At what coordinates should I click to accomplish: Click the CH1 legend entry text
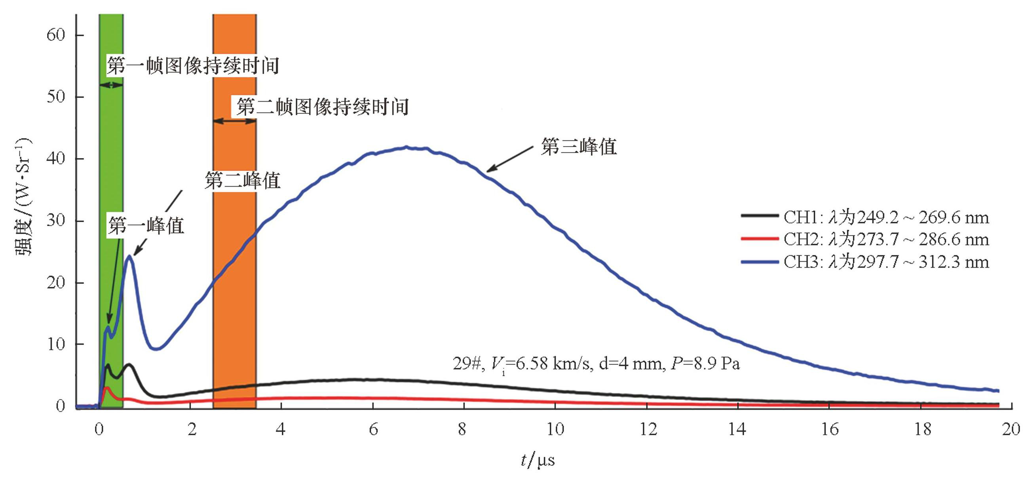886,217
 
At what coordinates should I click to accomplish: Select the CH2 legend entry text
886,240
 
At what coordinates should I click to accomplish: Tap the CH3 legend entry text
886,262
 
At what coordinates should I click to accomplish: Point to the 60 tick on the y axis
56,35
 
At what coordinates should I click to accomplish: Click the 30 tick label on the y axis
56,220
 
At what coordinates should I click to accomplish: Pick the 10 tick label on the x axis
555,429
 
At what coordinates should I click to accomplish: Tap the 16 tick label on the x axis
829,429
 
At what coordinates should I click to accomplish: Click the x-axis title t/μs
538,460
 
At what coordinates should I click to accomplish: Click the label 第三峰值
579,147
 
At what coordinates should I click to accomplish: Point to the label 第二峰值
242,180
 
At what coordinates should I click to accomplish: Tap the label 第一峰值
146,225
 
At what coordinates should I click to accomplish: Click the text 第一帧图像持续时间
193,65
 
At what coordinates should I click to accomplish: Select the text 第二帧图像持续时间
323,107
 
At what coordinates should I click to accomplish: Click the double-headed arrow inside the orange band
235,121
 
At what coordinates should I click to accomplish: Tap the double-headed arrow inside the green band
111,85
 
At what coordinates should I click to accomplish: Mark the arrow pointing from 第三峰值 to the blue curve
509,159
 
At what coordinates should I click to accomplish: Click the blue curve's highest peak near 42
406,147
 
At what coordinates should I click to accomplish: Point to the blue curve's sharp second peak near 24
129,256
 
